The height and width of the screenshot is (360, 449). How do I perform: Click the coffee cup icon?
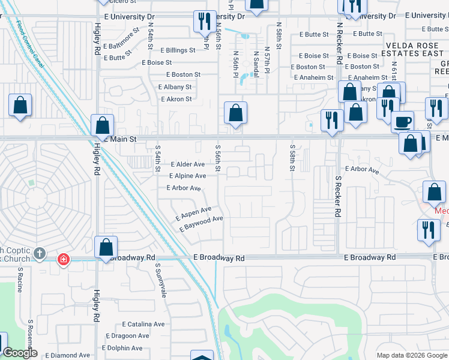(x=402, y=121)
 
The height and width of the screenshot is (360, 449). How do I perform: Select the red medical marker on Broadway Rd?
(x=63, y=259)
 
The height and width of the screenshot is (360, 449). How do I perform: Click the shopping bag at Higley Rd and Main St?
(x=103, y=125)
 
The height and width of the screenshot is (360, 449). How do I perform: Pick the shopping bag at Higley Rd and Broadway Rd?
(x=106, y=247)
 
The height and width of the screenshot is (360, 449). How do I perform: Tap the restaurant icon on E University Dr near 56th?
(x=204, y=22)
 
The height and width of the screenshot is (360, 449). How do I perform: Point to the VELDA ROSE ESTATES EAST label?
(x=415, y=49)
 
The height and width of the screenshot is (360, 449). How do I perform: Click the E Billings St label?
(x=177, y=50)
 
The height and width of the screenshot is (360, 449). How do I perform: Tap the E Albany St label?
(x=175, y=87)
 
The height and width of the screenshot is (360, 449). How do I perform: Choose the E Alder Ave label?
(x=188, y=164)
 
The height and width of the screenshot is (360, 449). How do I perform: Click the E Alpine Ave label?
(x=187, y=176)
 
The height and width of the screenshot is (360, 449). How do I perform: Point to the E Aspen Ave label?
(x=193, y=212)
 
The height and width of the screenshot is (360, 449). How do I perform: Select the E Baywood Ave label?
(x=200, y=224)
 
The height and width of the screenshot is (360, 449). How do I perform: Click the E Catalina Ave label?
(x=142, y=324)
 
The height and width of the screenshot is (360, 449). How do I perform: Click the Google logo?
(x=20, y=353)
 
